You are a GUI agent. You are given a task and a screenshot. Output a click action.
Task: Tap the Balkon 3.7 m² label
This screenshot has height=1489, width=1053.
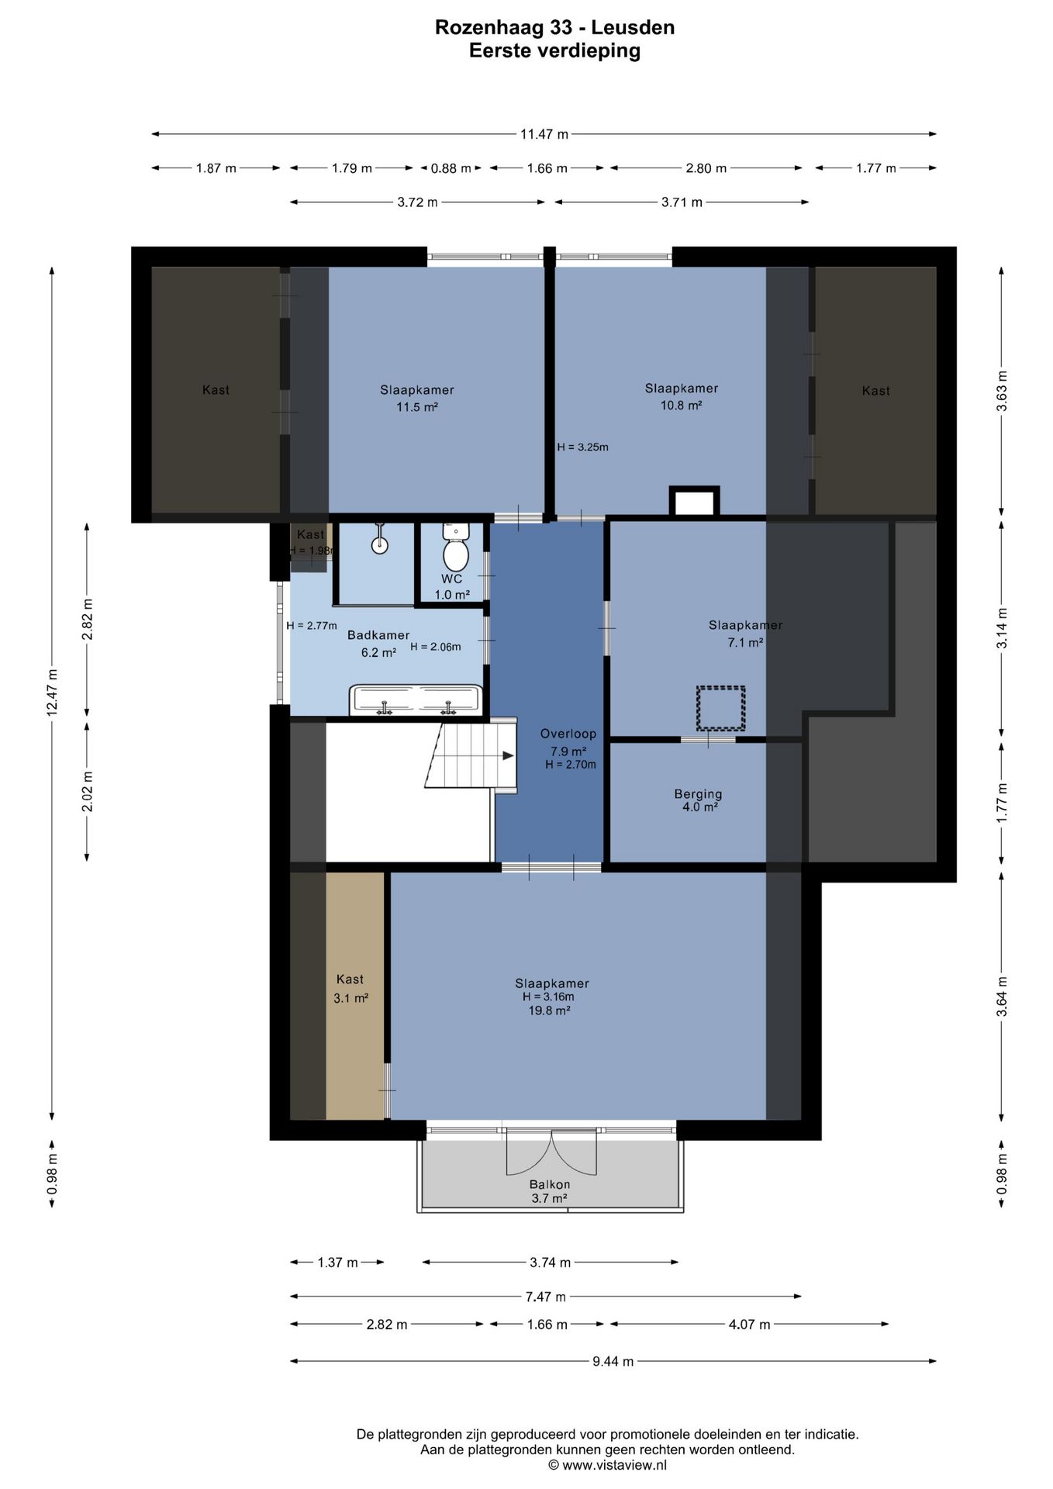coord(550,1191)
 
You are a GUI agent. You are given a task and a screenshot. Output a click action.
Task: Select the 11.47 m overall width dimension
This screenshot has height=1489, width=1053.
coord(544,134)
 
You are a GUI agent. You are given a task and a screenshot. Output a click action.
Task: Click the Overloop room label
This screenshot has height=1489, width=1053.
coord(568,734)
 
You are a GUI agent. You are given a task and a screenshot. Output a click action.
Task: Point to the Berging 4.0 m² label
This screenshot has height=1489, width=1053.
coord(698,800)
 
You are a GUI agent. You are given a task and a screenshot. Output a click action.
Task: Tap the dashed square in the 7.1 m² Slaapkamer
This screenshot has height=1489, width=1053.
coord(720,708)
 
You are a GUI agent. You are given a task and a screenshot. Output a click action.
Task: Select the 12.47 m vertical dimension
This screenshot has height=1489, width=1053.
coord(52,693)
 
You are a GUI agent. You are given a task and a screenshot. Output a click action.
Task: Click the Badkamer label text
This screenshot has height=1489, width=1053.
coord(378,635)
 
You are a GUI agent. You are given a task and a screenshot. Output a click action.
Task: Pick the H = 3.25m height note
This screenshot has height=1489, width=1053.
coord(582,447)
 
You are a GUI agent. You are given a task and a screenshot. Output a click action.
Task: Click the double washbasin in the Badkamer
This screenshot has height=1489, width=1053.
coord(416,700)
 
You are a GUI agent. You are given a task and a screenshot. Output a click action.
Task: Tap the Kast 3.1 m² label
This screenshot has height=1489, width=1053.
coord(350,989)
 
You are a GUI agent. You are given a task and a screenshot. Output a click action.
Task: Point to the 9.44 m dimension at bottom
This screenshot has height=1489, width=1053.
coord(613,1361)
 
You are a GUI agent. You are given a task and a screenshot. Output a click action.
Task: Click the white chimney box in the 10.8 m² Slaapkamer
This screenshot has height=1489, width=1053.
coord(695,502)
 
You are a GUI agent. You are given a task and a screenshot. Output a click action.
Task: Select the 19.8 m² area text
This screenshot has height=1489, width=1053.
coord(549,1011)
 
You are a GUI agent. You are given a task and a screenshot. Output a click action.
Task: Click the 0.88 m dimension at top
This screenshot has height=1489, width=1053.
coord(451,168)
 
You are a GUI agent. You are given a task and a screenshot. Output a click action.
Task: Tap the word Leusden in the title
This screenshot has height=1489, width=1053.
coord(633,28)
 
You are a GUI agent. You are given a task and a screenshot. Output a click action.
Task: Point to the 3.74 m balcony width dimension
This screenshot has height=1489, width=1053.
coord(550,1263)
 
